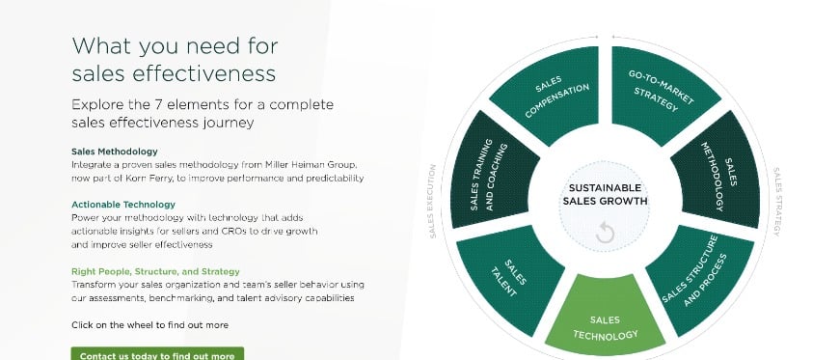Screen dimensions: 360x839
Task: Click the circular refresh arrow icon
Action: (606, 232)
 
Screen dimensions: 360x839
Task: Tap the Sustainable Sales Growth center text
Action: (606, 194)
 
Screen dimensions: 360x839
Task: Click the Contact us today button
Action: (157, 354)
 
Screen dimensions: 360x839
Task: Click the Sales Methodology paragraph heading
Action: (114, 152)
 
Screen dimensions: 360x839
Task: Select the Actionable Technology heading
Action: (123, 205)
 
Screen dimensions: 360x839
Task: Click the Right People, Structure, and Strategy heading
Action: (155, 271)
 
